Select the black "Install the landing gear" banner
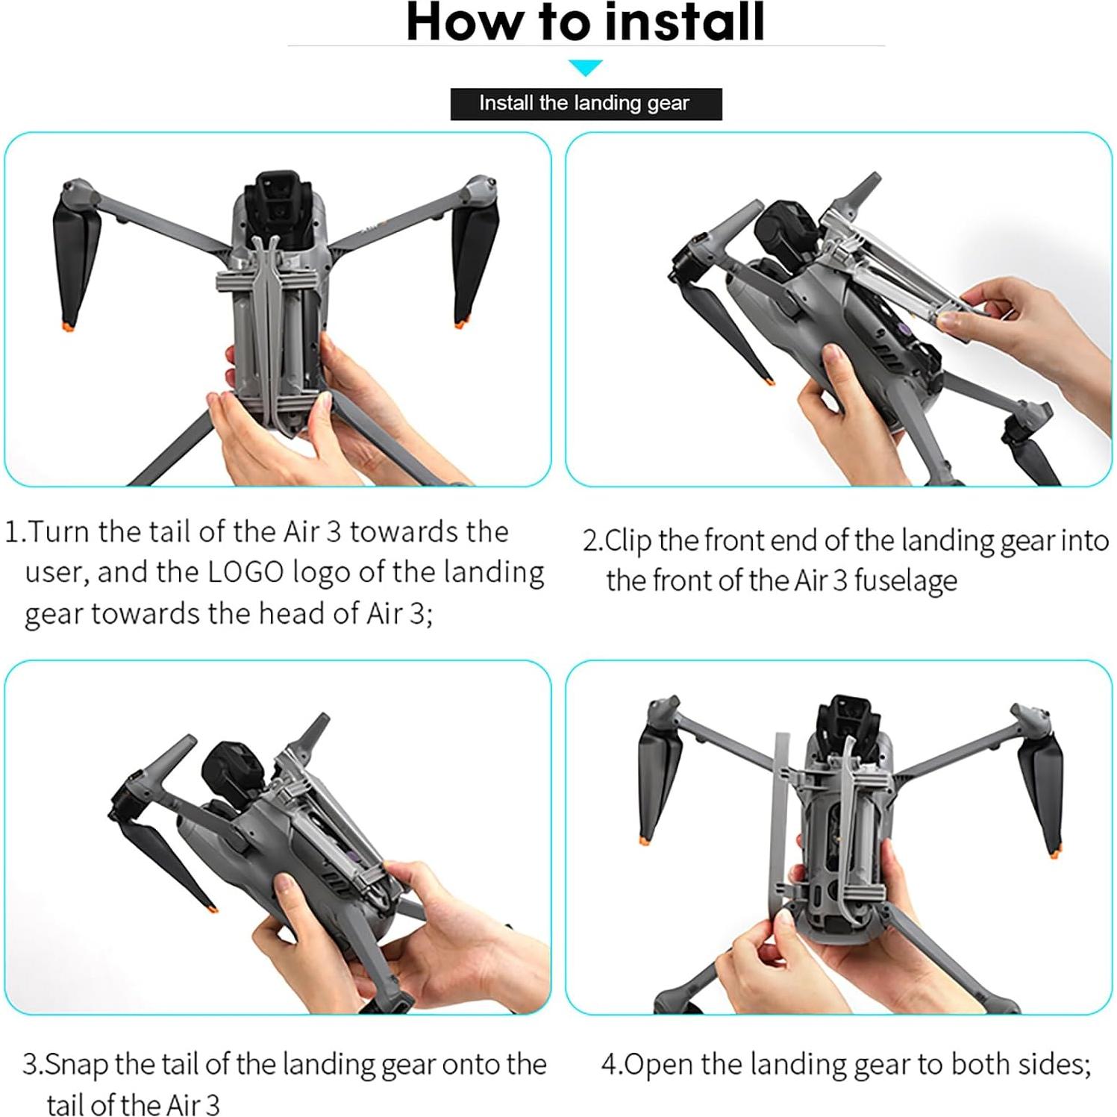point(586,104)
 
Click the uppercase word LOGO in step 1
point(245,573)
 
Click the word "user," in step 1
point(57,573)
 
